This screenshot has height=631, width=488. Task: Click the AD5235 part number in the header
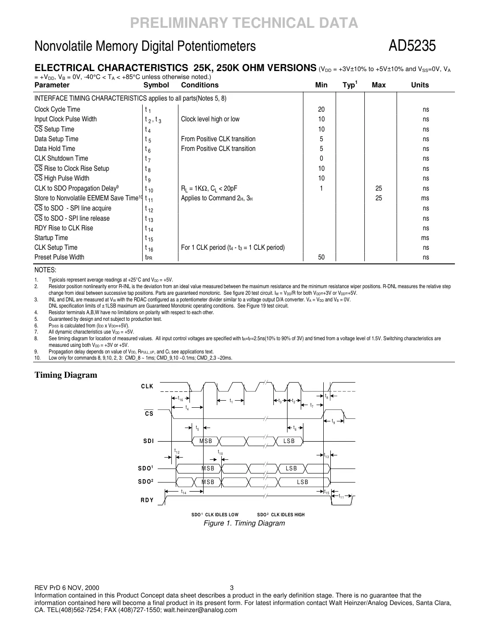(x=412, y=46)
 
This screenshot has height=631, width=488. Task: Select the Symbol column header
(x=156, y=85)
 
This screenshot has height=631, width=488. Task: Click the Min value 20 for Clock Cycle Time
(x=321, y=109)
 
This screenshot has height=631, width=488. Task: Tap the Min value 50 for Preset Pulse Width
(x=321, y=257)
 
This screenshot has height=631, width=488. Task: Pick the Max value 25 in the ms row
(x=378, y=198)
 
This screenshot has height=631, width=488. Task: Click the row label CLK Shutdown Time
(x=61, y=158)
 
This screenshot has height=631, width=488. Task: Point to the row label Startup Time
(x=51, y=238)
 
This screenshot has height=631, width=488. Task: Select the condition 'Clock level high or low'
(x=210, y=119)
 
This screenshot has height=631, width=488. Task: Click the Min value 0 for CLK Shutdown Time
(x=321, y=158)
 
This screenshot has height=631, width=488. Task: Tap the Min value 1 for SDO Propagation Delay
(x=321, y=188)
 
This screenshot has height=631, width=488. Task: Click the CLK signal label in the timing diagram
(x=147, y=387)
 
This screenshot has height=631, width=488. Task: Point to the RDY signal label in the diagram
(x=147, y=500)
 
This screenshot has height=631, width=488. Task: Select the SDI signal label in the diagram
(x=148, y=441)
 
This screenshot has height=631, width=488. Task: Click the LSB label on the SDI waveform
(x=289, y=441)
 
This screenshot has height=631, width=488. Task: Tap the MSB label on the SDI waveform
(x=206, y=441)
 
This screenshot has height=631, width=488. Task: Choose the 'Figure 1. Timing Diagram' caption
(x=244, y=523)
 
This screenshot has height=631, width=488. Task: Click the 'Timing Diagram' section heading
(x=66, y=376)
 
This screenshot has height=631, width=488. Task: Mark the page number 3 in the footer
(x=232, y=588)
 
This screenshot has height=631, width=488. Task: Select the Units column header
(x=420, y=85)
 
